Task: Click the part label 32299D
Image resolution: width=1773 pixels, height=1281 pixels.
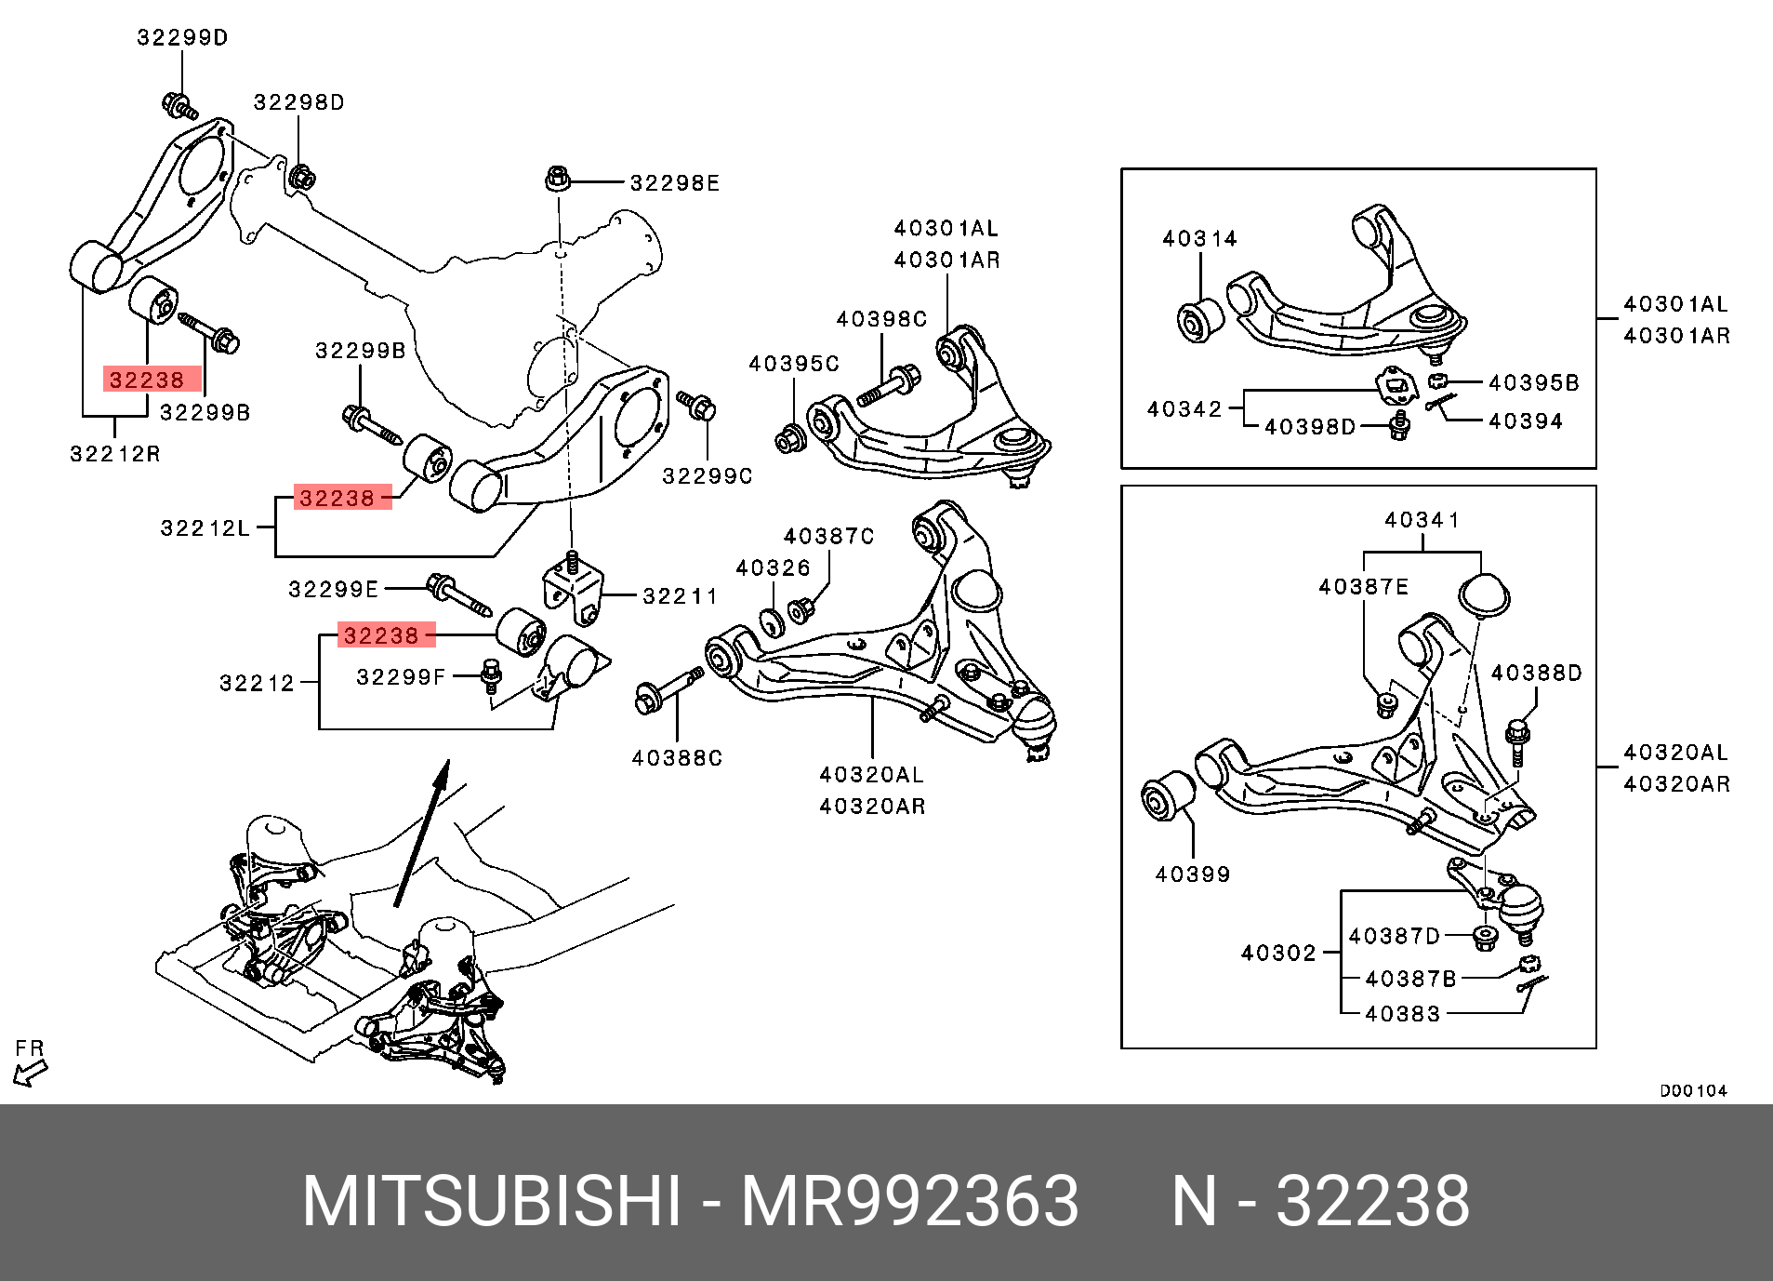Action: (x=182, y=38)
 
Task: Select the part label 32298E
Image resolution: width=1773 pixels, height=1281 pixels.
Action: (x=675, y=183)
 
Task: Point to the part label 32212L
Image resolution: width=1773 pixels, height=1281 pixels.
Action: (x=205, y=528)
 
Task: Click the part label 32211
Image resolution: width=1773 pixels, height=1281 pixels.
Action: (x=681, y=596)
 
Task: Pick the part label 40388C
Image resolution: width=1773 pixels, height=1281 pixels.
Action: (x=677, y=758)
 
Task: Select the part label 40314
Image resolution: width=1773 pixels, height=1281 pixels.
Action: (x=1199, y=239)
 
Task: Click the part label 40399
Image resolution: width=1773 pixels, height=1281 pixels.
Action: (x=1193, y=874)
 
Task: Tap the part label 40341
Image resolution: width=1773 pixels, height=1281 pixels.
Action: (x=1422, y=520)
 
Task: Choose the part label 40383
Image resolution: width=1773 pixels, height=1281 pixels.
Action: (x=1402, y=1014)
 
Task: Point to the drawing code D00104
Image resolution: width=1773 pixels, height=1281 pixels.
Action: (x=1693, y=1091)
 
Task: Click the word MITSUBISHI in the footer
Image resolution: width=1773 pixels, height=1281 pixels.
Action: (x=492, y=1203)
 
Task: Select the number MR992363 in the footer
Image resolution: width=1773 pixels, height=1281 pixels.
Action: (x=909, y=1203)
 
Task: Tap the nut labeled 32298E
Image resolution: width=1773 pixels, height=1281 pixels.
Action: (x=557, y=178)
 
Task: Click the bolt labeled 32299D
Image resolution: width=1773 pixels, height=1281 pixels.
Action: (x=178, y=105)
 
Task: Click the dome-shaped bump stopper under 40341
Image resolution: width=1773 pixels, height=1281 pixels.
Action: (x=1484, y=595)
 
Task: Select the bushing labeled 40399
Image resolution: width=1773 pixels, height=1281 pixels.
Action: (x=1168, y=797)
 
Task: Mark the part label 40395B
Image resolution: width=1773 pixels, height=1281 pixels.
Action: (x=1533, y=383)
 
